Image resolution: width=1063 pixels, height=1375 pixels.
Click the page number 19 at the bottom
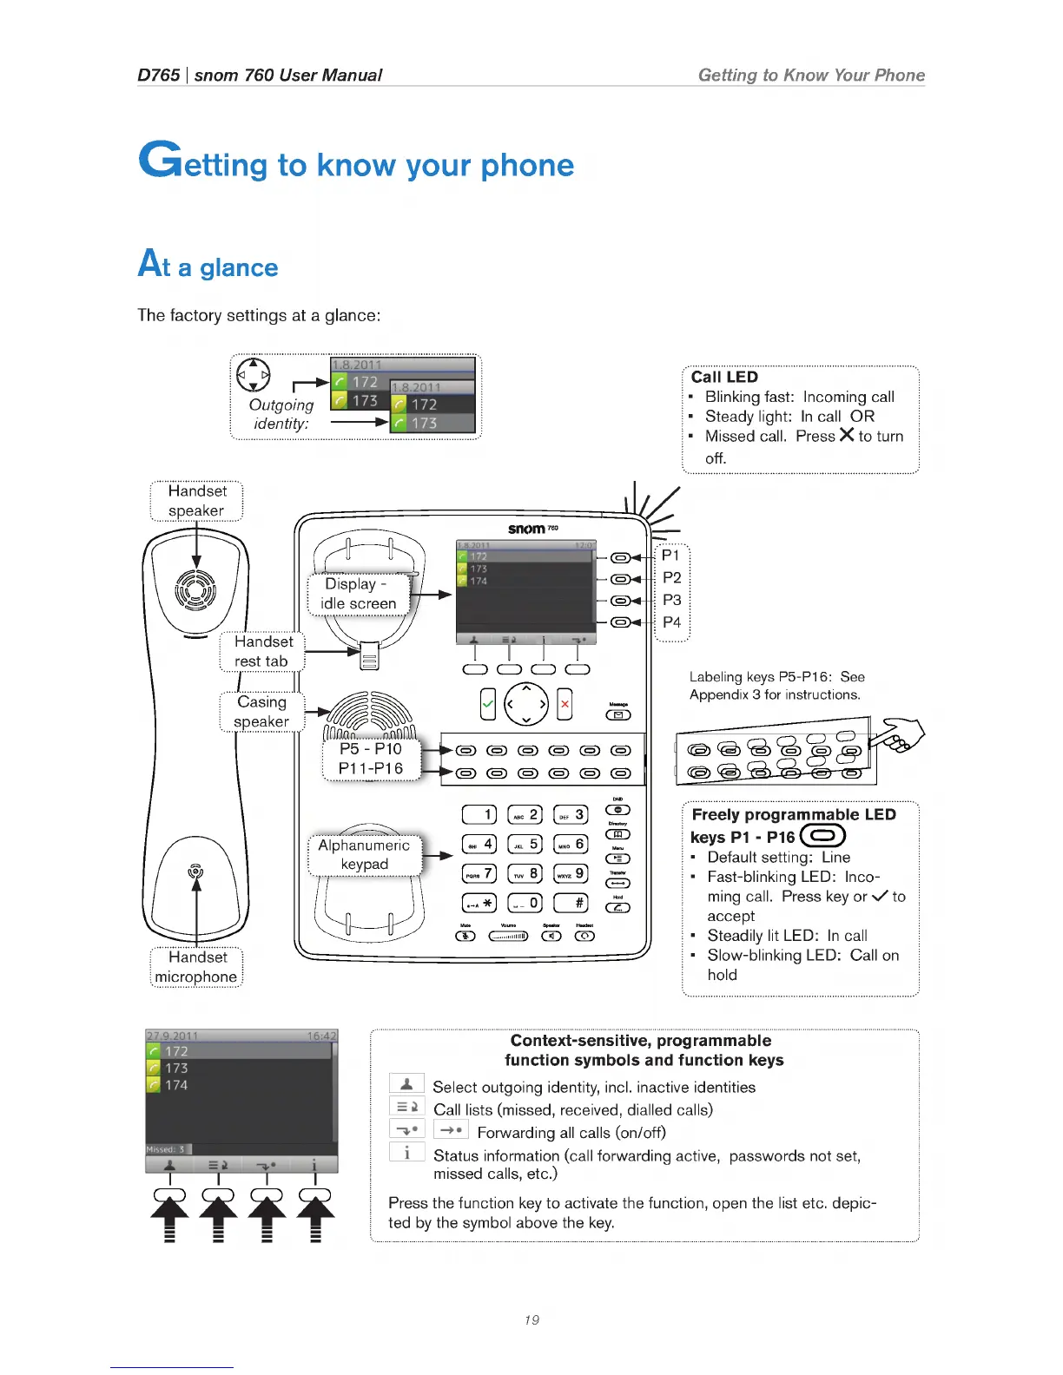(x=531, y=1319)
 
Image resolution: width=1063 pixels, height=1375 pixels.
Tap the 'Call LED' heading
(x=724, y=377)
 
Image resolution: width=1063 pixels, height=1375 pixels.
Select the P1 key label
(x=670, y=556)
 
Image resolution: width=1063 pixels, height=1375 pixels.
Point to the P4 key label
(x=671, y=622)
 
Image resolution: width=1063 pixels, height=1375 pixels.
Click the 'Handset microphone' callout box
(x=196, y=967)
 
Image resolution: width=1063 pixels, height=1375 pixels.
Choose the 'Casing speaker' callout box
(x=261, y=712)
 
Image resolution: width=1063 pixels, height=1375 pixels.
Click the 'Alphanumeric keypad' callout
(x=364, y=854)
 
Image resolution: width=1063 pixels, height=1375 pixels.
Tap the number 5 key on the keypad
(x=525, y=844)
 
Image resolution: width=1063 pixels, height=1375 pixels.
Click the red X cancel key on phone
(x=565, y=704)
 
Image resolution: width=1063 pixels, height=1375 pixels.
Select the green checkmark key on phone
(x=488, y=704)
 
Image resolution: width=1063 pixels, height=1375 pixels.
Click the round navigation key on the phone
(x=526, y=704)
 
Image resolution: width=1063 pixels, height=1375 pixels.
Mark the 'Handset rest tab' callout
(x=262, y=651)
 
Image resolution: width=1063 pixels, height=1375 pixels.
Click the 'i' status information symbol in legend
(x=406, y=1153)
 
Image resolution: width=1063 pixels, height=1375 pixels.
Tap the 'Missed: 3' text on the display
(x=166, y=1149)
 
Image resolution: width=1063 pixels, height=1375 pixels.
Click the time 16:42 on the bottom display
(x=321, y=1036)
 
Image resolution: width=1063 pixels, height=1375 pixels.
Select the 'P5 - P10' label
(x=371, y=748)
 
